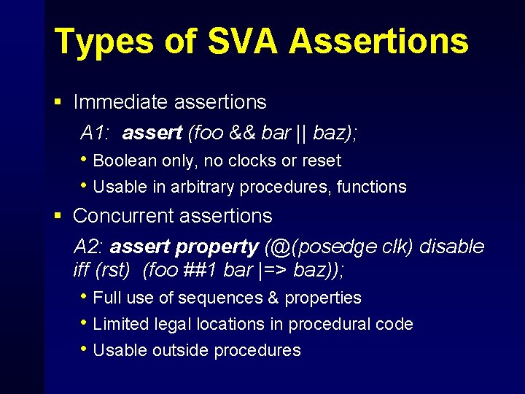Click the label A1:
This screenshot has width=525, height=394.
[x=96, y=133]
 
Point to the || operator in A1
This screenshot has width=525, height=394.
[x=302, y=133]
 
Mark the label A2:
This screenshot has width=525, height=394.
[x=89, y=247]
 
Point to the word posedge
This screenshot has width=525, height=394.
[x=331, y=247]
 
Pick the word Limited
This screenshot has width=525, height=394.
[x=121, y=324]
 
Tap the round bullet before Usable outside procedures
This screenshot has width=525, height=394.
[x=85, y=349]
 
